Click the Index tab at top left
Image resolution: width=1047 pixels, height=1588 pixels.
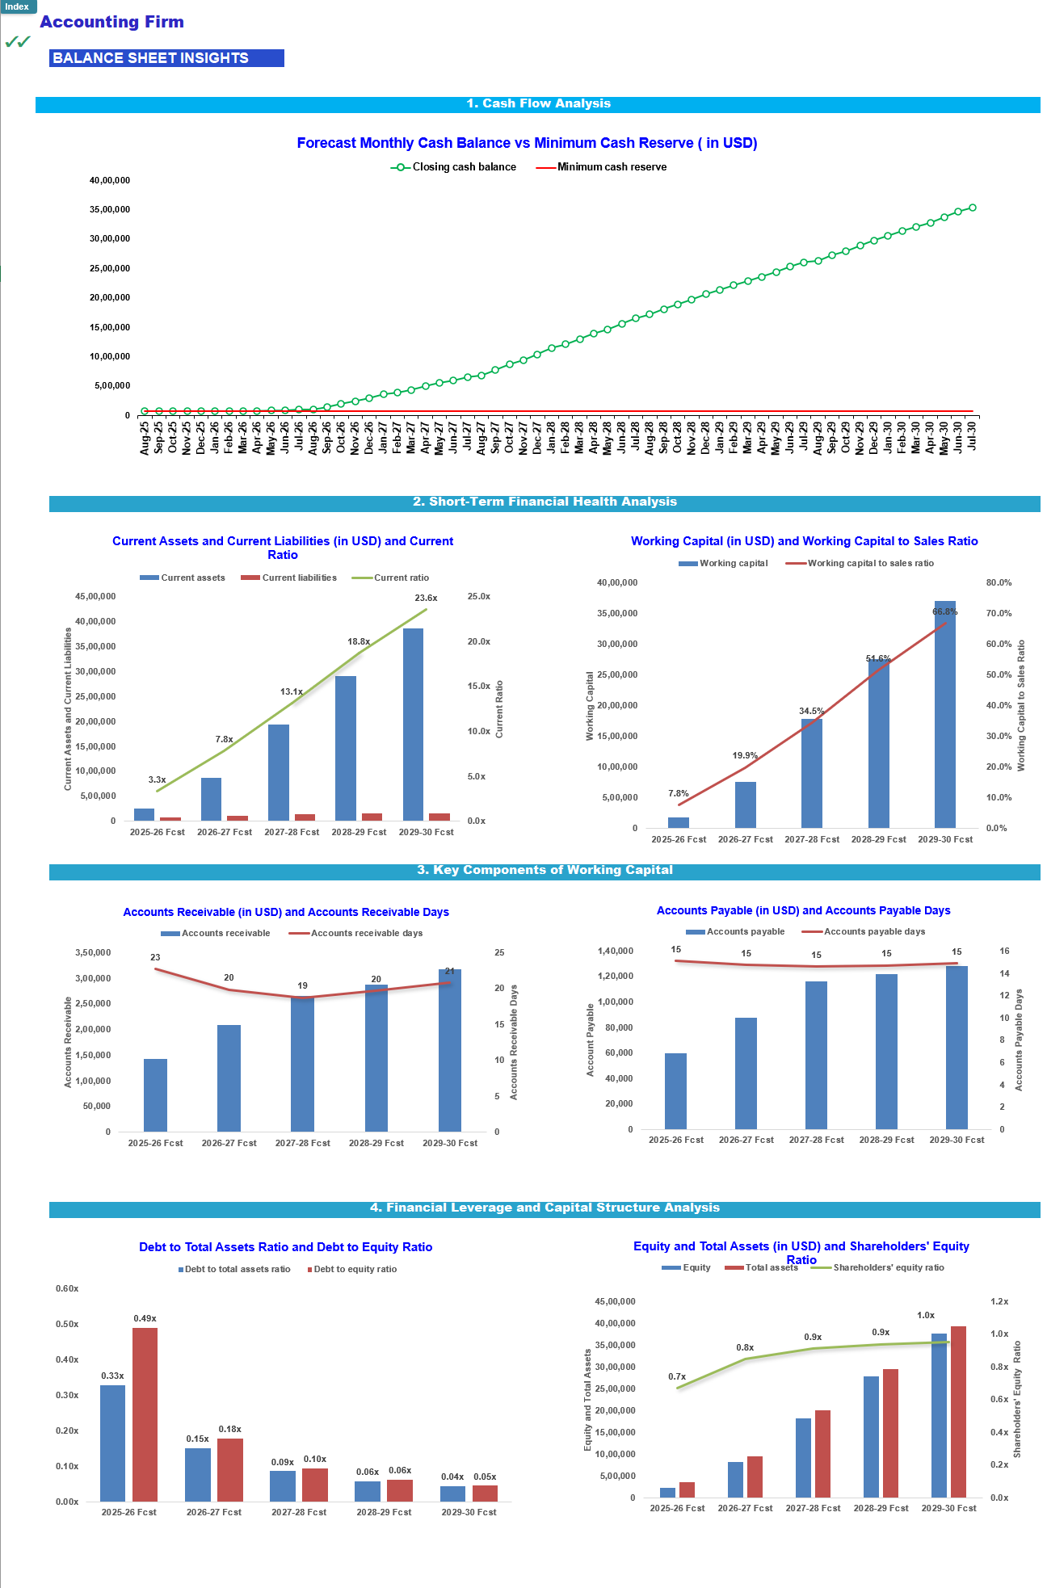(x=17, y=6)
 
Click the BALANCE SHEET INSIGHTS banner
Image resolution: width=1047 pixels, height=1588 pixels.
(x=166, y=58)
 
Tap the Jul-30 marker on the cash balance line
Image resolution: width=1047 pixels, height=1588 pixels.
(x=972, y=208)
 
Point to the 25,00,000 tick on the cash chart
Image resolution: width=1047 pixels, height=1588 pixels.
(x=110, y=268)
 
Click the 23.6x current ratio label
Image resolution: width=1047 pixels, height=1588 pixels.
(x=426, y=598)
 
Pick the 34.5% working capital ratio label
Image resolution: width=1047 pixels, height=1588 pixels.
(x=811, y=712)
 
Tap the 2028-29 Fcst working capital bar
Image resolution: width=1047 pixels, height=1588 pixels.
(x=878, y=743)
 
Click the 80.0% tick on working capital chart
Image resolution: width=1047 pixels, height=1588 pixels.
(x=999, y=582)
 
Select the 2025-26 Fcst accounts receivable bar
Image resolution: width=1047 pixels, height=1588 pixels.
(x=155, y=1094)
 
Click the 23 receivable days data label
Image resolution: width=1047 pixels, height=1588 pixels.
(x=155, y=957)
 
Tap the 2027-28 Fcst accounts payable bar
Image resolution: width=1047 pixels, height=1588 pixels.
(x=816, y=1054)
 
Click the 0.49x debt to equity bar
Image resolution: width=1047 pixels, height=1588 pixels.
(x=145, y=1414)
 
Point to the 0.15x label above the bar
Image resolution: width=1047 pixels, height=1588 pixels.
(x=197, y=1439)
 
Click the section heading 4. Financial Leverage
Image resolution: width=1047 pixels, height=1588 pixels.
(x=545, y=1208)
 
